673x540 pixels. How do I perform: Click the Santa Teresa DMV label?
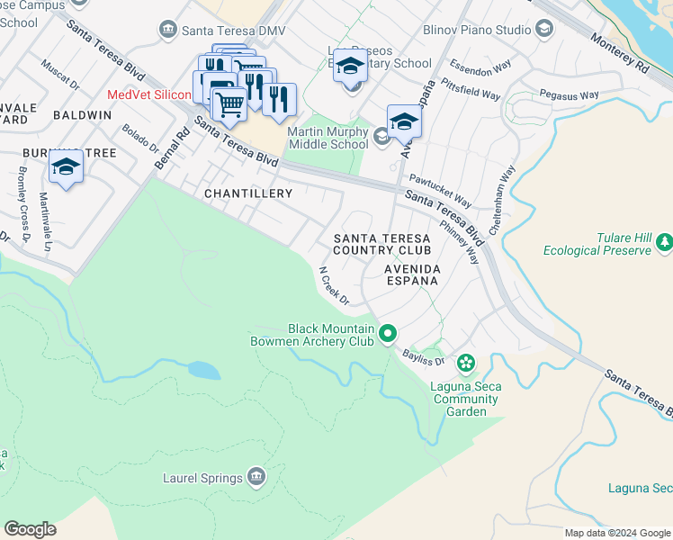[x=234, y=31]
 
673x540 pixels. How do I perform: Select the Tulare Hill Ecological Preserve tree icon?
[x=664, y=241]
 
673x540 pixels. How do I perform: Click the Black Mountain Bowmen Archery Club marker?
[x=388, y=334]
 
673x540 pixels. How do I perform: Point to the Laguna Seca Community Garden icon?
[x=465, y=363]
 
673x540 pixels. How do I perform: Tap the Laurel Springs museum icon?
[x=256, y=475]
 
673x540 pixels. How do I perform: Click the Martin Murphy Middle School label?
[x=328, y=138]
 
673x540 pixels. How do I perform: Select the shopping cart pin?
[x=230, y=105]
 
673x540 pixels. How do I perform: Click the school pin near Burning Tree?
[x=66, y=167]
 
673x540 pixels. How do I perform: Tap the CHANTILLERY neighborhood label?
[x=248, y=193]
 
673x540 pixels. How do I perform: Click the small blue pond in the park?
[x=203, y=370]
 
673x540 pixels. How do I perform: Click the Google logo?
[x=30, y=529]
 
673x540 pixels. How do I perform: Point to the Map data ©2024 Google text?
[x=617, y=533]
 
